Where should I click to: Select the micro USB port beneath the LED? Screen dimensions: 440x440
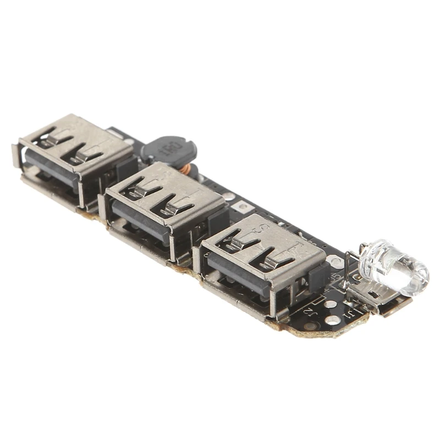(x=380, y=300)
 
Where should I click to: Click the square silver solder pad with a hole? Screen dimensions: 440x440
(x=241, y=206)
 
